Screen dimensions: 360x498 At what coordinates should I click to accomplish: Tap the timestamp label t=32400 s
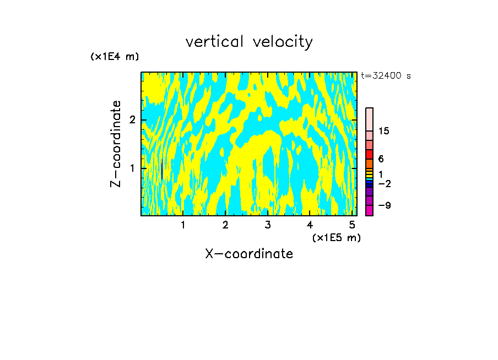[x=386, y=76]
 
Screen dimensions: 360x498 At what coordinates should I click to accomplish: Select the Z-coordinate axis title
[x=116, y=144]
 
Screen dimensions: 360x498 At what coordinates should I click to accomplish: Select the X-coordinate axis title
[x=249, y=254]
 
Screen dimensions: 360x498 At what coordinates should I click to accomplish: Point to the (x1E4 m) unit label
[x=115, y=57]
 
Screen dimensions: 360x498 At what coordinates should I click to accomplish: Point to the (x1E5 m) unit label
[x=336, y=237]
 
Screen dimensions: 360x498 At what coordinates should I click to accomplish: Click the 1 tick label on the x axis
[x=183, y=225]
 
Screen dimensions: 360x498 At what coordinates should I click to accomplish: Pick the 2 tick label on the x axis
[x=225, y=225]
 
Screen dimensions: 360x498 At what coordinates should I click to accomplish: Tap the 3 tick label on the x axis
[x=268, y=225]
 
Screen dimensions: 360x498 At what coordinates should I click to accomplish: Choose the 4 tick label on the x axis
[x=310, y=225]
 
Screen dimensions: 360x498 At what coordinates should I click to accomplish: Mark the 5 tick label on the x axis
[x=352, y=225]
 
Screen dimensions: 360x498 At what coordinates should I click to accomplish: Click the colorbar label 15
[x=384, y=131]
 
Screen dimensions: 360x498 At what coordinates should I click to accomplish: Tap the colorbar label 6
[x=381, y=159]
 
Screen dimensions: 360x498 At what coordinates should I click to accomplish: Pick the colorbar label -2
[x=384, y=184]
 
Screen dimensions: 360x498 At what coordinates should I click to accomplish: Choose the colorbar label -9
[x=384, y=206]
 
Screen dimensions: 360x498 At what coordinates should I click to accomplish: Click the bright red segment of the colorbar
[x=369, y=154]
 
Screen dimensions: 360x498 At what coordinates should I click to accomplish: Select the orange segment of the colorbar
[x=369, y=163]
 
